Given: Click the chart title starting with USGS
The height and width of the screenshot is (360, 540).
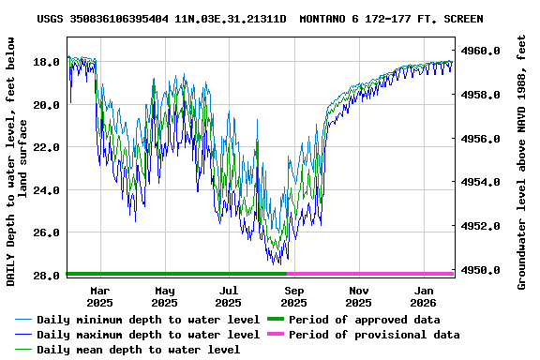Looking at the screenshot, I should (261, 19).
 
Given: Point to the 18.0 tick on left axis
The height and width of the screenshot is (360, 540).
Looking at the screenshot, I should (48, 62).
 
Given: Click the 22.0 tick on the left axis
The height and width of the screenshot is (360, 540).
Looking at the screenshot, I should (48, 147).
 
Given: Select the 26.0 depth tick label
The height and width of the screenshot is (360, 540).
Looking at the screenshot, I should (48, 232).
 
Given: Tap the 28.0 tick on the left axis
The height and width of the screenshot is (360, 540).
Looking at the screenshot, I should (48, 276).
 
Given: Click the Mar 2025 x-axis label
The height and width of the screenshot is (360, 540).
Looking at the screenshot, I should (99, 296).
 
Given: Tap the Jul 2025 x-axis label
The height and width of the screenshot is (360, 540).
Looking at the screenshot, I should (228, 296).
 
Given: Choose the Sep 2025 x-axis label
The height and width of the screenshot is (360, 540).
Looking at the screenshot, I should (293, 296).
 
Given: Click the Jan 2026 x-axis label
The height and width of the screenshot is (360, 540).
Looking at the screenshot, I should (423, 296).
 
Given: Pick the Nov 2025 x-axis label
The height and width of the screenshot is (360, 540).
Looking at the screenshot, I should (358, 296).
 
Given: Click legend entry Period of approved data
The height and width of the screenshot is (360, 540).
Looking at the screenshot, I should (365, 320).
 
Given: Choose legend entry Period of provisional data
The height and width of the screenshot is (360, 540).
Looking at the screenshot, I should (374, 335).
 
